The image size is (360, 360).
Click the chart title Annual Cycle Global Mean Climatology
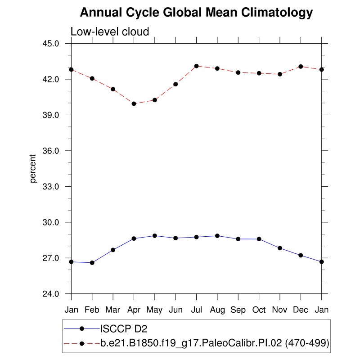pyautogui.click(x=196, y=13)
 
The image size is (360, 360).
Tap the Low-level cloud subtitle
pyautogui.click(x=110, y=31)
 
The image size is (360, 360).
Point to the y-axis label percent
pyautogui.click(x=33, y=169)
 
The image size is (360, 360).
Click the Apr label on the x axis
pyautogui.click(x=134, y=310)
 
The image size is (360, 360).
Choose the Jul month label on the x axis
pyautogui.click(x=196, y=310)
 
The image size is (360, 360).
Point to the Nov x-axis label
pyautogui.click(x=280, y=310)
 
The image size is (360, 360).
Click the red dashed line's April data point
pyautogui.click(x=134, y=103)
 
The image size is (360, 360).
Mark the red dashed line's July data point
pyautogui.click(x=196, y=66)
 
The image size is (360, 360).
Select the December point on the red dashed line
pyautogui.click(x=301, y=67)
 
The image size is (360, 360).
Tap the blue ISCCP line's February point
pyautogui.click(x=92, y=263)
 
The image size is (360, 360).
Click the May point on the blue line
pyautogui.click(x=155, y=236)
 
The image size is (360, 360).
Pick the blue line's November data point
pyautogui.click(x=280, y=248)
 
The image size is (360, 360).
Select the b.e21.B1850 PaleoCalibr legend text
pyautogui.click(x=215, y=343)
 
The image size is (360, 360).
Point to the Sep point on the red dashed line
pyautogui.click(x=238, y=72)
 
